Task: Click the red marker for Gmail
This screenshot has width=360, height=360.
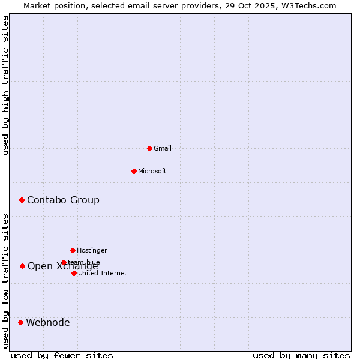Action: click(x=149, y=148)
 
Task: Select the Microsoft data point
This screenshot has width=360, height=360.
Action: click(x=134, y=171)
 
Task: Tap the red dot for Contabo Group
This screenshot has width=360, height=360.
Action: click(x=22, y=200)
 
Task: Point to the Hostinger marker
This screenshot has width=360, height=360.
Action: click(x=73, y=250)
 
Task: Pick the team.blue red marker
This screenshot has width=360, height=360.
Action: click(x=64, y=262)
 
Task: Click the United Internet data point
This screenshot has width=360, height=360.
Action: click(x=74, y=273)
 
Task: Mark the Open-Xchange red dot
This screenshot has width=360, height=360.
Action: click(x=22, y=266)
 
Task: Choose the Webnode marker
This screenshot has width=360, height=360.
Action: click(x=20, y=322)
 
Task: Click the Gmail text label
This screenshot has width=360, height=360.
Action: click(x=163, y=148)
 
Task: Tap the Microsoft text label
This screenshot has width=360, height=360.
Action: click(x=152, y=171)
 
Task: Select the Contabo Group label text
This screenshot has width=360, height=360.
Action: click(x=63, y=200)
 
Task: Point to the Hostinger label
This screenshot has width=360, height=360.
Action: click(x=92, y=250)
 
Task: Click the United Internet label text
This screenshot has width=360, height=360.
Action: click(x=103, y=273)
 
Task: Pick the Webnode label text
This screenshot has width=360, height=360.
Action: click(x=48, y=322)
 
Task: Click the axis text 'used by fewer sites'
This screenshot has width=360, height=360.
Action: click(x=62, y=355)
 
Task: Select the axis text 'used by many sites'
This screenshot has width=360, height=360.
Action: click(x=301, y=355)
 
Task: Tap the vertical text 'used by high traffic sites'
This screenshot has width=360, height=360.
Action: click(x=5, y=85)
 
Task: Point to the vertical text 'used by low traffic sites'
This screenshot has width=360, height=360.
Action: click(x=5, y=280)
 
